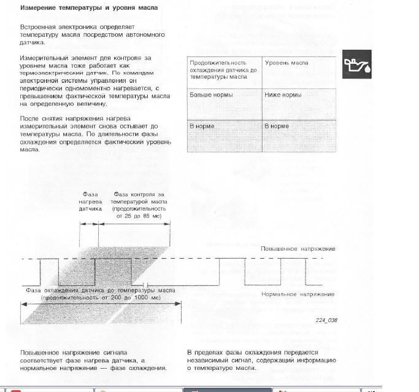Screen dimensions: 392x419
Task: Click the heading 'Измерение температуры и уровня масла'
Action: point(89,8)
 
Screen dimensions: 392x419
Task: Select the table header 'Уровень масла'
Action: point(286,63)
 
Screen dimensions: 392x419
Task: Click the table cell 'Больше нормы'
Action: point(211,95)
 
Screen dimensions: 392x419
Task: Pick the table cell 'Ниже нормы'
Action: point(283,95)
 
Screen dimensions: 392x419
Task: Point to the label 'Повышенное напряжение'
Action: point(298,249)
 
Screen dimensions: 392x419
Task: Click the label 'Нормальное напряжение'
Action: point(298,294)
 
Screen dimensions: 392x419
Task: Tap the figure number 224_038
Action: point(326,320)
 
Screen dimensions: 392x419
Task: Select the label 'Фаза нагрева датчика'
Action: point(90,202)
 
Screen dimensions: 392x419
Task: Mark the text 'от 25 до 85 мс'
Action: point(139,216)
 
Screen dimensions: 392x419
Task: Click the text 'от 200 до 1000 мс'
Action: point(101,297)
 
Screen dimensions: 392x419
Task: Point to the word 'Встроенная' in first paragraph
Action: point(39,27)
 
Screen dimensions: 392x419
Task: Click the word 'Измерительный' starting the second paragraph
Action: point(44,57)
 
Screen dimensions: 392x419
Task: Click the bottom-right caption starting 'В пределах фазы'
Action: point(261,360)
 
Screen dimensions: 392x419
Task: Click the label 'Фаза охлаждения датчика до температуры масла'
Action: point(101,290)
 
